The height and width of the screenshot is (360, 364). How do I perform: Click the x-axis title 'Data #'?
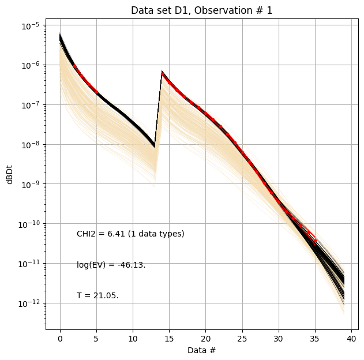pos(201,350)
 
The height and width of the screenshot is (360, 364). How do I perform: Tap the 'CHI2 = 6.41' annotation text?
pos(130,234)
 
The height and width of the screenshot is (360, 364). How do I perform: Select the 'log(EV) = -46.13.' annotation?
pos(111,265)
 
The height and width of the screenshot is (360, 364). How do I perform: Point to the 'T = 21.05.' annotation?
pos(97,295)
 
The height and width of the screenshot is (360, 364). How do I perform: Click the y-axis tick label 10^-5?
pos(30,25)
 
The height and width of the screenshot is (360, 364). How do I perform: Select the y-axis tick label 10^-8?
pos(30,144)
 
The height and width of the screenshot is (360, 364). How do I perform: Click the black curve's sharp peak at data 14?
pos(162,72)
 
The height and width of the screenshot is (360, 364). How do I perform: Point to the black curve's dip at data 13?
pos(155,146)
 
